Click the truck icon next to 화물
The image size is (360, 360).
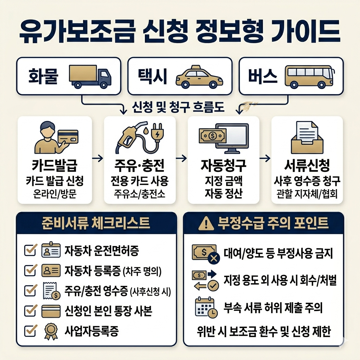tap(90, 76)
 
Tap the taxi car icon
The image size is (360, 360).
tap(199, 76)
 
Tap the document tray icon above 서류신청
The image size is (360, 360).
tap(307, 137)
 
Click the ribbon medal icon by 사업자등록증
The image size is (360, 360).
tap(49, 331)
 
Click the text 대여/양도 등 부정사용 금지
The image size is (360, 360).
tap(278, 253)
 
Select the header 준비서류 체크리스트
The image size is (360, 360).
tap(96, 223)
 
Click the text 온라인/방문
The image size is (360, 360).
tap(54, 194)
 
